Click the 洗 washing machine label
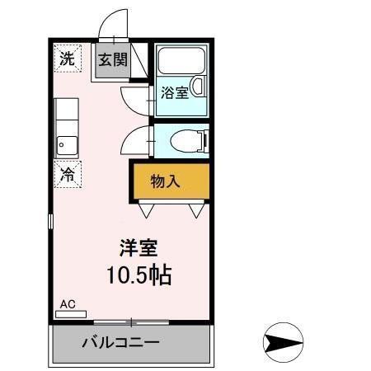coord(67,59)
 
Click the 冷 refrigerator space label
coord(67,174)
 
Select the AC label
coord(68,304)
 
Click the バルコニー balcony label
coord(120,342)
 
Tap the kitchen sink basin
coord(65,146)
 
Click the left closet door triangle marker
coord(147,211)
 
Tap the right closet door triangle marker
coord(196,211)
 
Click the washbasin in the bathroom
coord(198,86)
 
